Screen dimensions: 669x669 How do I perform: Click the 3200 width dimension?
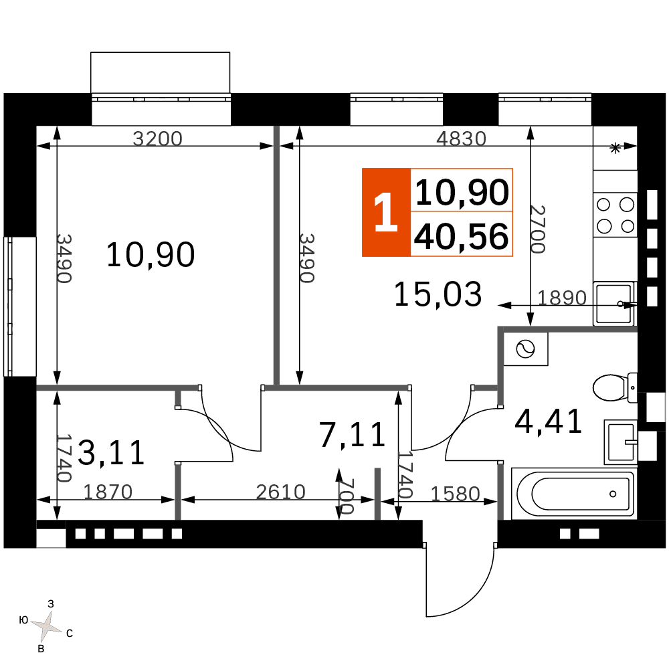157,138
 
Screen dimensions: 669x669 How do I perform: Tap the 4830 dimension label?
461,138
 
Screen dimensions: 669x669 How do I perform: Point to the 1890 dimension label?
562,298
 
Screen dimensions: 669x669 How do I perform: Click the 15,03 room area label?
438,294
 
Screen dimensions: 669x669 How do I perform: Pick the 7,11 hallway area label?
353,435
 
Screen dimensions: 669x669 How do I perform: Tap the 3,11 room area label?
111,453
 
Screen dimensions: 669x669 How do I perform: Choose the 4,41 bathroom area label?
549,421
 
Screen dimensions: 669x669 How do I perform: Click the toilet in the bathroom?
615,387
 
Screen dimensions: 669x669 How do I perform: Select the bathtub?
574,494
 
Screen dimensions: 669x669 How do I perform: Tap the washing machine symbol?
526,349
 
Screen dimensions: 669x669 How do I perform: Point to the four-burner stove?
615,215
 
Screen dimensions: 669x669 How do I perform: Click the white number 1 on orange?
386,213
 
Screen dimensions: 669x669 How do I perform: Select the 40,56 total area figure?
461,236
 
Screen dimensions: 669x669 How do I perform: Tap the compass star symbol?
46,627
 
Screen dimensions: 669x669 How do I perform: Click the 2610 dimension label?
281,492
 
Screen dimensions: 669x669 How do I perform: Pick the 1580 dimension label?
455,494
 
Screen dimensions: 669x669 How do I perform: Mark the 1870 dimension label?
108,492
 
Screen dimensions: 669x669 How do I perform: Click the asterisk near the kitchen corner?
615,149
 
